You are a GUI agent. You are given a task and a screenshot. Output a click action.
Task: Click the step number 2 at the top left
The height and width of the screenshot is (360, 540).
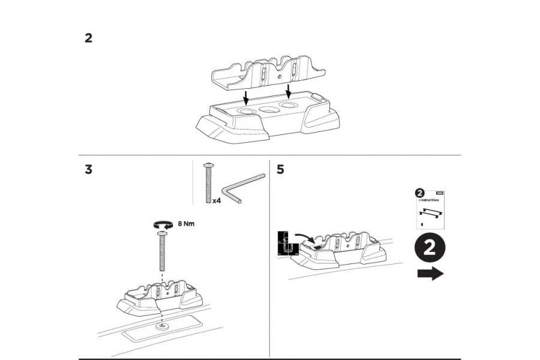[88, 38]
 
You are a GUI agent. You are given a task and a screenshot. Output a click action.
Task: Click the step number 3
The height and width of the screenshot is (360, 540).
[88, 170]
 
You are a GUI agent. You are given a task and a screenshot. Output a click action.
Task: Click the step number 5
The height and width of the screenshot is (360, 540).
[280, 170]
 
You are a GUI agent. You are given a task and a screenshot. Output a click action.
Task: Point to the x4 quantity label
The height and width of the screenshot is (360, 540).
[217, 202]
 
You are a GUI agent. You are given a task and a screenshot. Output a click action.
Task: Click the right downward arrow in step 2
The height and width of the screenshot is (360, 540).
[289, 91]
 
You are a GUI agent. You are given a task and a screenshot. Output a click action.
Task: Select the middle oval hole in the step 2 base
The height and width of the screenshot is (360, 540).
[267, 110]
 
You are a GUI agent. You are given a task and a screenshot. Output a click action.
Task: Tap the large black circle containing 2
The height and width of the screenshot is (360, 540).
[430, 250]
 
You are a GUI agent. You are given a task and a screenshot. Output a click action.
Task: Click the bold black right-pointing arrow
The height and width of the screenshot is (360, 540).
[430, 274]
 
